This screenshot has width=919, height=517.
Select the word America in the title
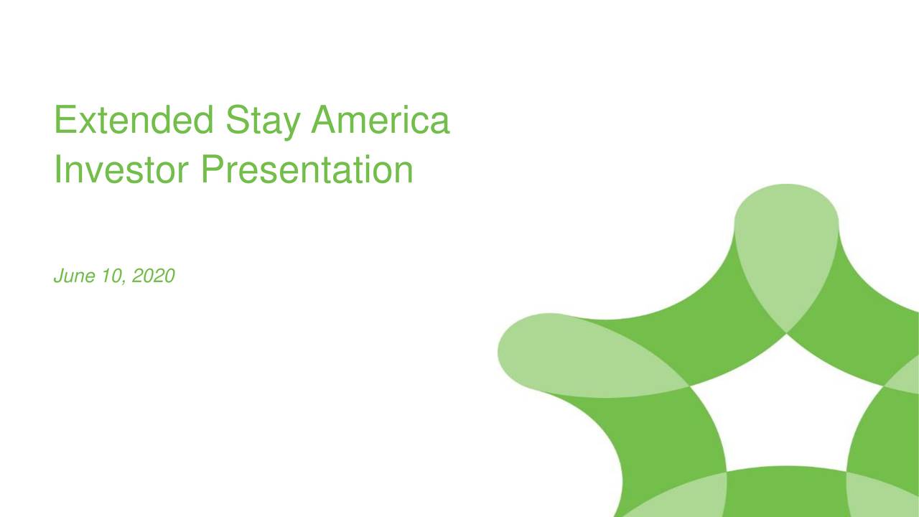(x=380, y=121)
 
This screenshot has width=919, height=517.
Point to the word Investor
(x=121, y=171)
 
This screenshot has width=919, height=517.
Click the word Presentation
(x=307, y=171)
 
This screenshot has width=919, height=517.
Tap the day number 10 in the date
(x=109, y=275)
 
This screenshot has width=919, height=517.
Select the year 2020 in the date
(x=152, y=275)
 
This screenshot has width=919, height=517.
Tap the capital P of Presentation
(x=212, y=171)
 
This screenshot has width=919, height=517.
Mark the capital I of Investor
(x=58, y=171)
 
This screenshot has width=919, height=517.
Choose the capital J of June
(x=58, y=275)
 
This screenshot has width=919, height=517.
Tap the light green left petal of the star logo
(x=567, y=355)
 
